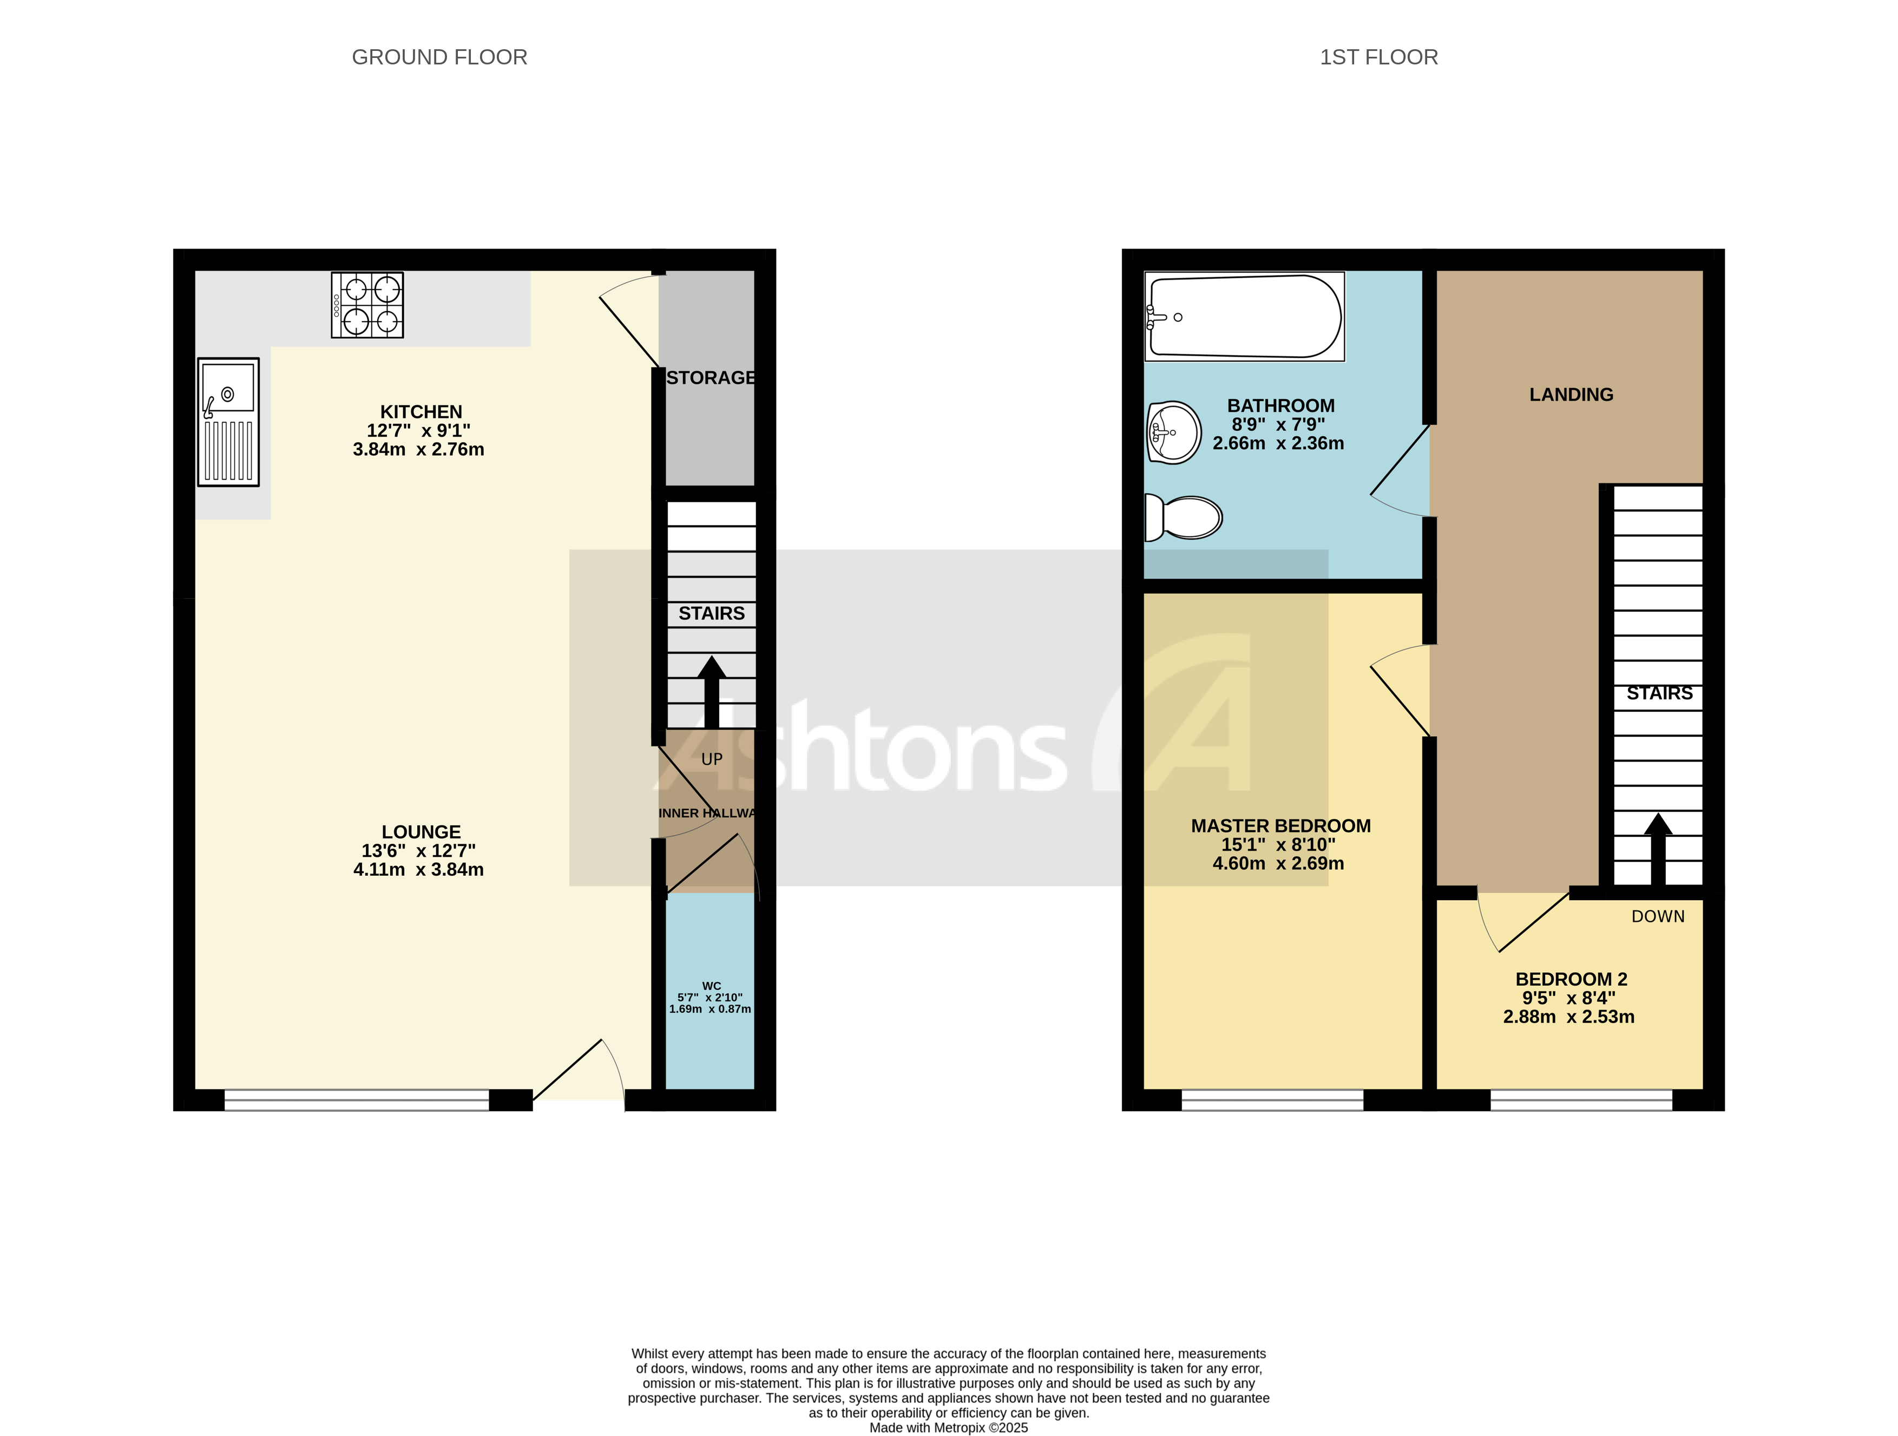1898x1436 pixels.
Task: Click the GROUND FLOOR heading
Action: [439, 57]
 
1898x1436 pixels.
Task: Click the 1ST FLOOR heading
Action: [1378, 57]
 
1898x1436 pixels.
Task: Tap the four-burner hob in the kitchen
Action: [367, 305]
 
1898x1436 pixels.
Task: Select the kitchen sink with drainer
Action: [228, 422]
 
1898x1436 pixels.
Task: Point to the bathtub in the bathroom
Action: [1244, 317]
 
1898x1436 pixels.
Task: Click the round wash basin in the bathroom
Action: [1174, 432]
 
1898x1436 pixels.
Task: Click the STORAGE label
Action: [711, 378]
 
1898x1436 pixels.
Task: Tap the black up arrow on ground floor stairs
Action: [711, 691]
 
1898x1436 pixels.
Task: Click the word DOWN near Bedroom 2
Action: [1658, 917]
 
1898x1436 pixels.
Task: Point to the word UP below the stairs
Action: [711, 759]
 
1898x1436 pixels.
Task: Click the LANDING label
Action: [1571, 395]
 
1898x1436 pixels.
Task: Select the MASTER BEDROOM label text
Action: [1280, 826]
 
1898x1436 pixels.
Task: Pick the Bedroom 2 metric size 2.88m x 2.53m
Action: [1568, 1017]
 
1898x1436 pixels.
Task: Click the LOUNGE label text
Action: [421, 832]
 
